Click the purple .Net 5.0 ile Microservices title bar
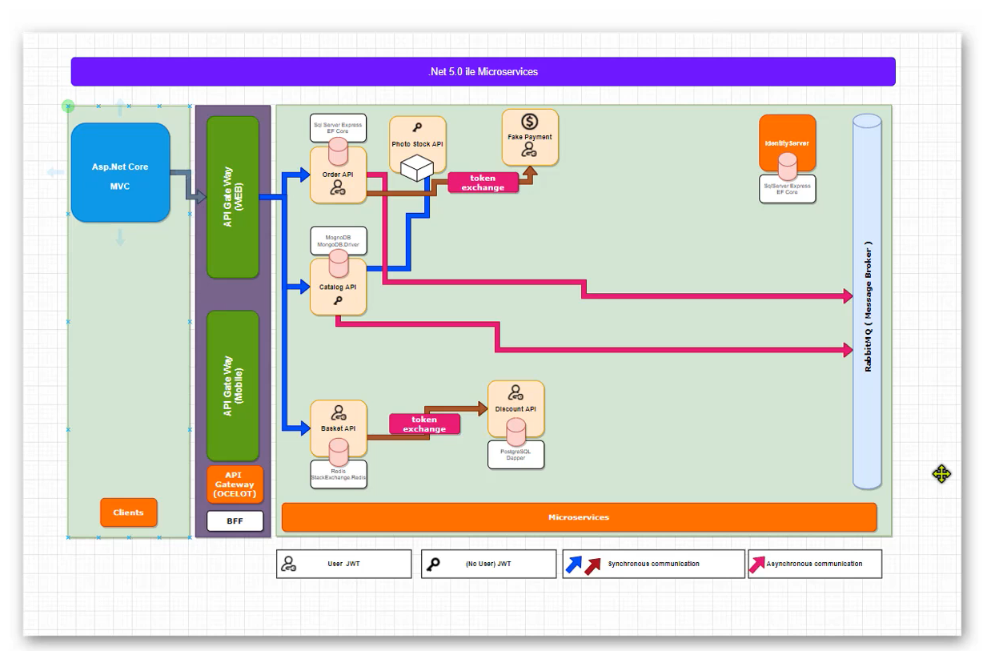click(483, 71)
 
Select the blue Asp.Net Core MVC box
click(120, 173)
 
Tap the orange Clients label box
click(128, 512)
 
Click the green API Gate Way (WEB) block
click(232, 197)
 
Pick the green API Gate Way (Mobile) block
click(232, 386)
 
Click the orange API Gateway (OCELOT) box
click(235, 484)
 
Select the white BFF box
click(235, 521)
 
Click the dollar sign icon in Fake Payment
click(529, 122)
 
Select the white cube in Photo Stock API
click(416, 167)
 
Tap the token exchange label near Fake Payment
click(483, 183)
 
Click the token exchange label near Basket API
click(424, 424)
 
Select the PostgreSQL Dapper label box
click(516, 455)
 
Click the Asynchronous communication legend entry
click(814, 564)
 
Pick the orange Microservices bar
click(579, 517)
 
